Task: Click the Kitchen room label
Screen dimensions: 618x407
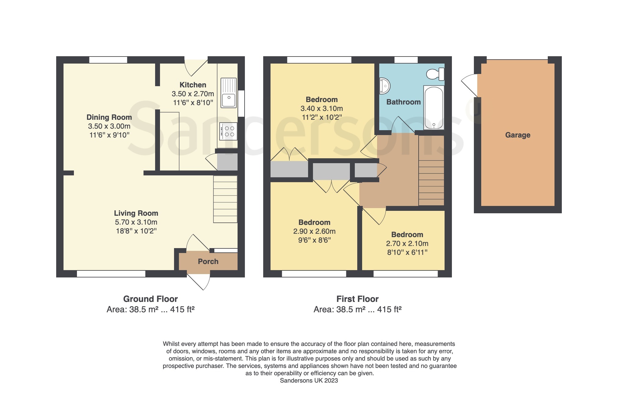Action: click(193, 85)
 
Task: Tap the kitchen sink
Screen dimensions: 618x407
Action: click(229, 93)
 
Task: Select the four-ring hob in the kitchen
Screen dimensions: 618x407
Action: click(229, 131)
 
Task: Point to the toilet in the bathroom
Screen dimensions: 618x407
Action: click(435, 74)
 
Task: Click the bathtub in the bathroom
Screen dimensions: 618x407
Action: click(434, 108)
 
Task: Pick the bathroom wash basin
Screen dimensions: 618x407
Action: click(385, 86)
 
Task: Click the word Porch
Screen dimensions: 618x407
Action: click(208, 262)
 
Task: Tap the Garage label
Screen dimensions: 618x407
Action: click(518, 135)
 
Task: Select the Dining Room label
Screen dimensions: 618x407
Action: click(109, 117)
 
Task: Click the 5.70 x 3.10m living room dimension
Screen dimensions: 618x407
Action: click(136, 222)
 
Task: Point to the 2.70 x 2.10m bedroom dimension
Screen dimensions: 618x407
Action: click(407, 244)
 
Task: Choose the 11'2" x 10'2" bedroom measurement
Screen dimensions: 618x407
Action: click(322, 117)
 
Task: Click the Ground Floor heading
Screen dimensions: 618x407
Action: click(151, 299)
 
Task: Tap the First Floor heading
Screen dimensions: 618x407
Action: click(358, 299)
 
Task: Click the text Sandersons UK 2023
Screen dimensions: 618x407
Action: click(309, 380)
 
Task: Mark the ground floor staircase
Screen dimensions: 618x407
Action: click(225, 199)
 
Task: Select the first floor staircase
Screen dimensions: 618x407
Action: click(431, 170)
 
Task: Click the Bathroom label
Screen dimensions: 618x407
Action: click(404, 102)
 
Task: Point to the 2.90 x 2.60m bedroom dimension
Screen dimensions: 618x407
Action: click(314, 231)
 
